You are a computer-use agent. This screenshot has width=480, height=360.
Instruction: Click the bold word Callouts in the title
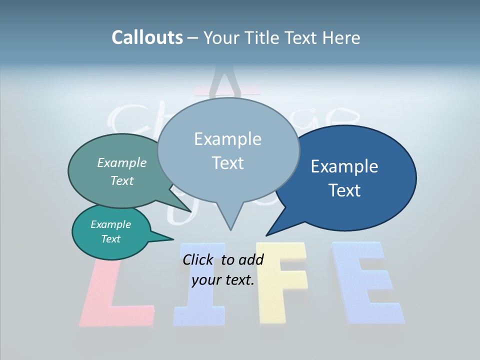point(147,37)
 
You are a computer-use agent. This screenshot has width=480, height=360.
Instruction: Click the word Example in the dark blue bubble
point(344,166)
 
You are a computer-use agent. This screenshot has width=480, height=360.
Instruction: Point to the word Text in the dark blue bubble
point(344,190)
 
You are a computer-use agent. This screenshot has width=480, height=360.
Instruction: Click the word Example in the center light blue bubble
point(227,139)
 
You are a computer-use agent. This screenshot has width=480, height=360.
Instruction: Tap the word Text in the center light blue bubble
point(227,163)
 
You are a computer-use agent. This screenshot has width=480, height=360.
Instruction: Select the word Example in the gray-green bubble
point(122,162)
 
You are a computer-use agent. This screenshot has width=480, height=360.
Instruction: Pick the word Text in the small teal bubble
point(110,239)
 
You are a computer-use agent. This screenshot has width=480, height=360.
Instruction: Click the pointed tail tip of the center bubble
point(230,229)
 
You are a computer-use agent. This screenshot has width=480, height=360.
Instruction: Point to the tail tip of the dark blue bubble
point(267,235)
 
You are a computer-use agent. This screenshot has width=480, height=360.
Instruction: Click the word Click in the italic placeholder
point(198,259)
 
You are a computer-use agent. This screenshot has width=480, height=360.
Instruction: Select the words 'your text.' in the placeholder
point(223,280)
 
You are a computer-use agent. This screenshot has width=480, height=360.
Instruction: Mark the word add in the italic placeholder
point(251,259)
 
